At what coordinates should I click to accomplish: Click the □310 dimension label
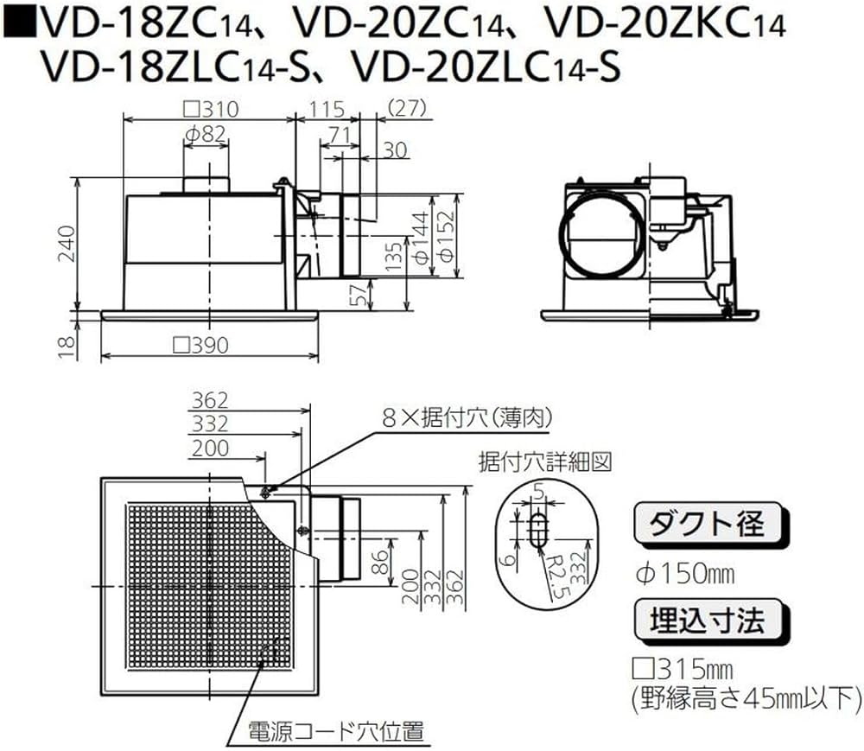[x=212, y=110]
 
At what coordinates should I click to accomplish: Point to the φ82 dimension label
[x=205, y=133]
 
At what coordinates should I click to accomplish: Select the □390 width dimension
[x=200, y=346]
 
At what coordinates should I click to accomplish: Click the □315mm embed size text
[x=683, y=670]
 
